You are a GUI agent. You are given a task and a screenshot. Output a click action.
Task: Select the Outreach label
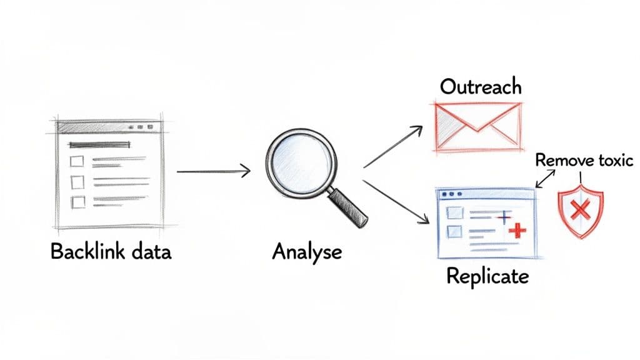coord(480,86)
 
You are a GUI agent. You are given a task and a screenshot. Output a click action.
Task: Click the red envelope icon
coord(478,126)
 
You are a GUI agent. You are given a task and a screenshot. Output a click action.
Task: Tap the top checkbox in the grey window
coord(77,161)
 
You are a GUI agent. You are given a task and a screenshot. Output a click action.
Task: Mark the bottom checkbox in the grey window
coord(77,202)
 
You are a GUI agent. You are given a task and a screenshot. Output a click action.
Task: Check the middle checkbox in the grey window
coord(77,182)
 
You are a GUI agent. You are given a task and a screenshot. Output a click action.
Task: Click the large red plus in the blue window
coord(517,230)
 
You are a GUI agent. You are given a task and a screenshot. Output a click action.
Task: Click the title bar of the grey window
coord(109,127)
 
